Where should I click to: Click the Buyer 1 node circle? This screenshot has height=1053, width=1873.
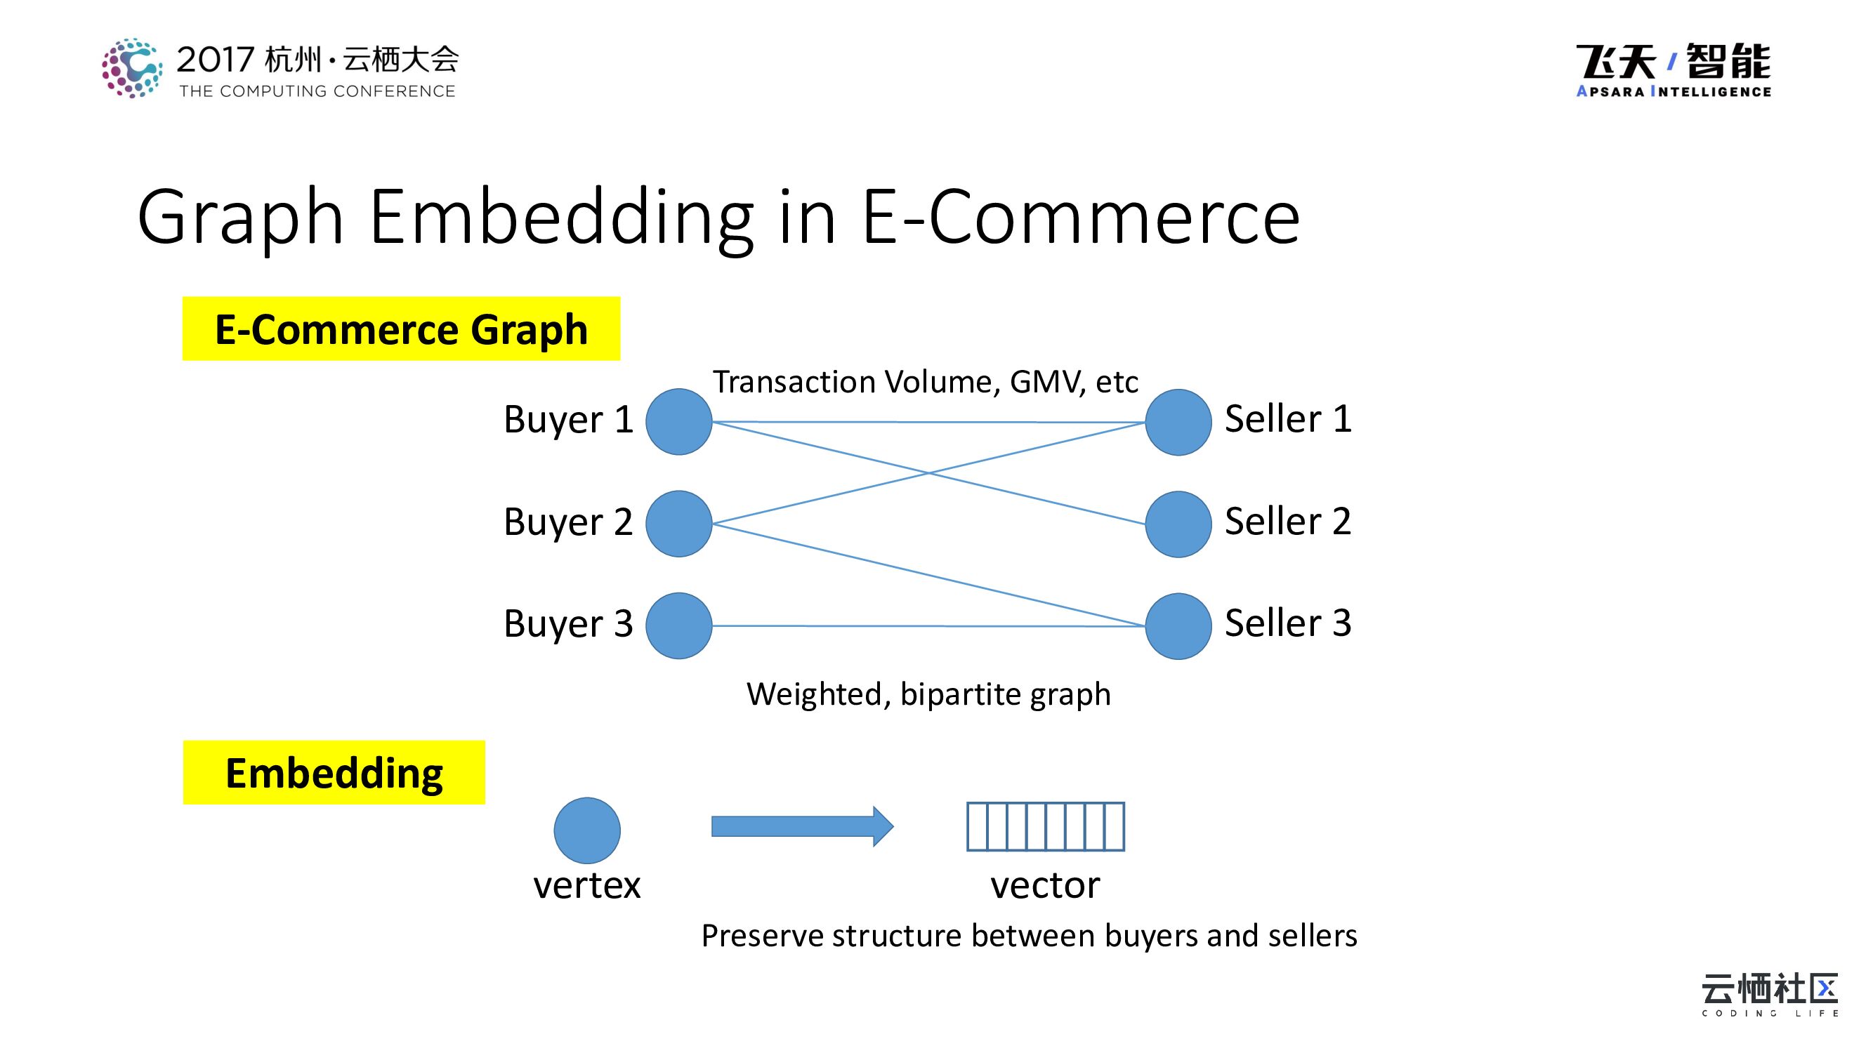point(678,421)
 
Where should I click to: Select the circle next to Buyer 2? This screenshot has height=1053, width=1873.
point(678,523)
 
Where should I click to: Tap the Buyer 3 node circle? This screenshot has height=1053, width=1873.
point(678,625)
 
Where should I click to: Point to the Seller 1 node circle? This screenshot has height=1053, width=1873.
point(1178,422)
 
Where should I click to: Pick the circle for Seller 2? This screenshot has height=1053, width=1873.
point(1178,524)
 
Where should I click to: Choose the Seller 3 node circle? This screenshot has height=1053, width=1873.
point(1178,625)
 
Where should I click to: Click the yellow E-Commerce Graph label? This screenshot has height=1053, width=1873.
point(400,329)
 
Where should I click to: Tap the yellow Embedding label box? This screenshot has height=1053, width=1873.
point(334,772)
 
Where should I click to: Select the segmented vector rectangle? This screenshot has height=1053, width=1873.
point(1045,826)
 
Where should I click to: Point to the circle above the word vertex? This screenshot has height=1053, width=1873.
point(587,830)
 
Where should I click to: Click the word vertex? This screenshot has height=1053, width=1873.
point(587,885)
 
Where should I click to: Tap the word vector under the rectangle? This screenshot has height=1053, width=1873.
point(1045,885)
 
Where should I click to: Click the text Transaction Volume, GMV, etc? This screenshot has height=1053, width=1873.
point(925,381)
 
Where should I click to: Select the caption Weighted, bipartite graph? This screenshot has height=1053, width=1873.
point(928,694)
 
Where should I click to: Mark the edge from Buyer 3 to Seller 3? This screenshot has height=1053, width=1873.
point(928,625)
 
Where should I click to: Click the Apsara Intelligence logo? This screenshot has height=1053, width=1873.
point(1673,69)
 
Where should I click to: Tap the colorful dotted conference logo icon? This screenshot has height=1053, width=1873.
point(131,68)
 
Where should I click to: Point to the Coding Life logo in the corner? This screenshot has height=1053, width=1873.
point(1769,994)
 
